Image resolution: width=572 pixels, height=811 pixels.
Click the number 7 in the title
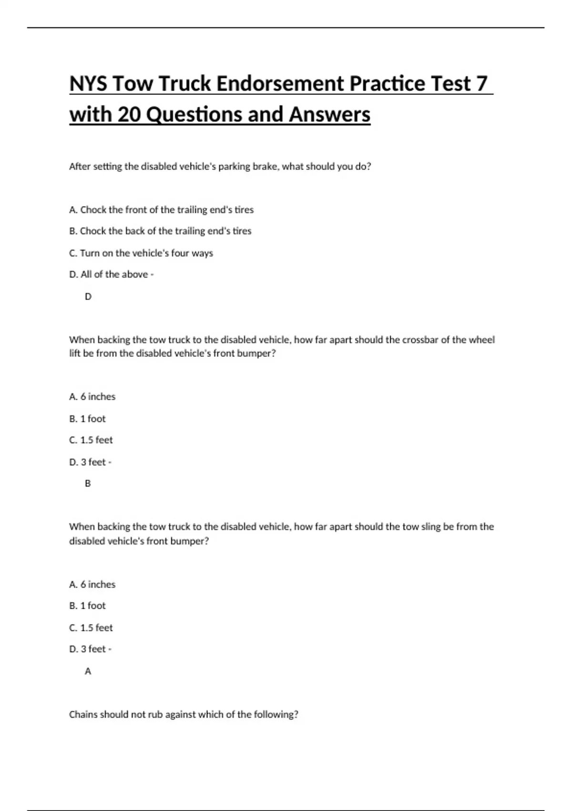481,83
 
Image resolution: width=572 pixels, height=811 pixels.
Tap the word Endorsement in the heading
280,83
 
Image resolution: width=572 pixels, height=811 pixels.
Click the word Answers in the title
329,114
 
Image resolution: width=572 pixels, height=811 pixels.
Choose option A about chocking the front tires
161,209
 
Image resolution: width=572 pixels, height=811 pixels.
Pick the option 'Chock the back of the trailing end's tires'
160,231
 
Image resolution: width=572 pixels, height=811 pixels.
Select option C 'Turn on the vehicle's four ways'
141,253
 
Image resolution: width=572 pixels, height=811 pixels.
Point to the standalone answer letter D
88,296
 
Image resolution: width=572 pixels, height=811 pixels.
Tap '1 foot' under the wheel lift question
88,418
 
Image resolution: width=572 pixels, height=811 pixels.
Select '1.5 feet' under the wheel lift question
91,440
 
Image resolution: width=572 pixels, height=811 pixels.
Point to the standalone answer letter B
88,483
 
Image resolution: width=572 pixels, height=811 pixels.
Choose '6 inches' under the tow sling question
92,584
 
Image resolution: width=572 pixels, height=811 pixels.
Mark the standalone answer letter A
88,671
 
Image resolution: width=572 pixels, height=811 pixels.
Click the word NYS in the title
88,83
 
